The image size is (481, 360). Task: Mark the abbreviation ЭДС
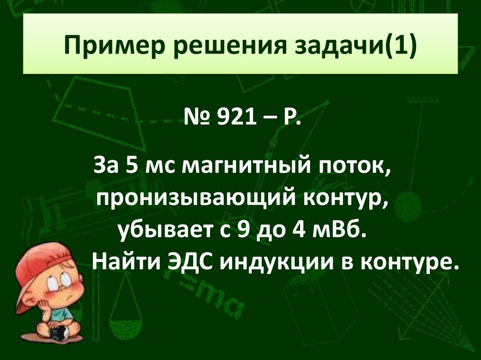[186, 260]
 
